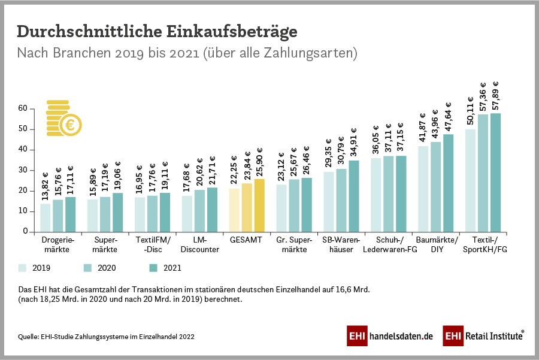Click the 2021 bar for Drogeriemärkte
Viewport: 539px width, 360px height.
tap(71, 214)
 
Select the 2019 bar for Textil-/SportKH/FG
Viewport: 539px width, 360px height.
tap(470, 180)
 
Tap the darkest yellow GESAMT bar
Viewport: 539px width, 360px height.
tap(259, 205)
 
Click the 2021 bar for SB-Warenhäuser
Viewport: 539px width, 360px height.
tap(354, 196)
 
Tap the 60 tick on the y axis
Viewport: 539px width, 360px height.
tap(23, 108)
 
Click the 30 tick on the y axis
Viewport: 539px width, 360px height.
tap(23, 170)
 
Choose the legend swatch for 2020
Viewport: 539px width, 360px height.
tap(87, 268)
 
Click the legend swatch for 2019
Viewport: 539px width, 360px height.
tap(24, 268)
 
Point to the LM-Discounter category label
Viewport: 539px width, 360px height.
tap(200, 245)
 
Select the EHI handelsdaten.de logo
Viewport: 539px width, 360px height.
tap(390, 337)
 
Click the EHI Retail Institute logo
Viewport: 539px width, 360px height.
tap(483, 337)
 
